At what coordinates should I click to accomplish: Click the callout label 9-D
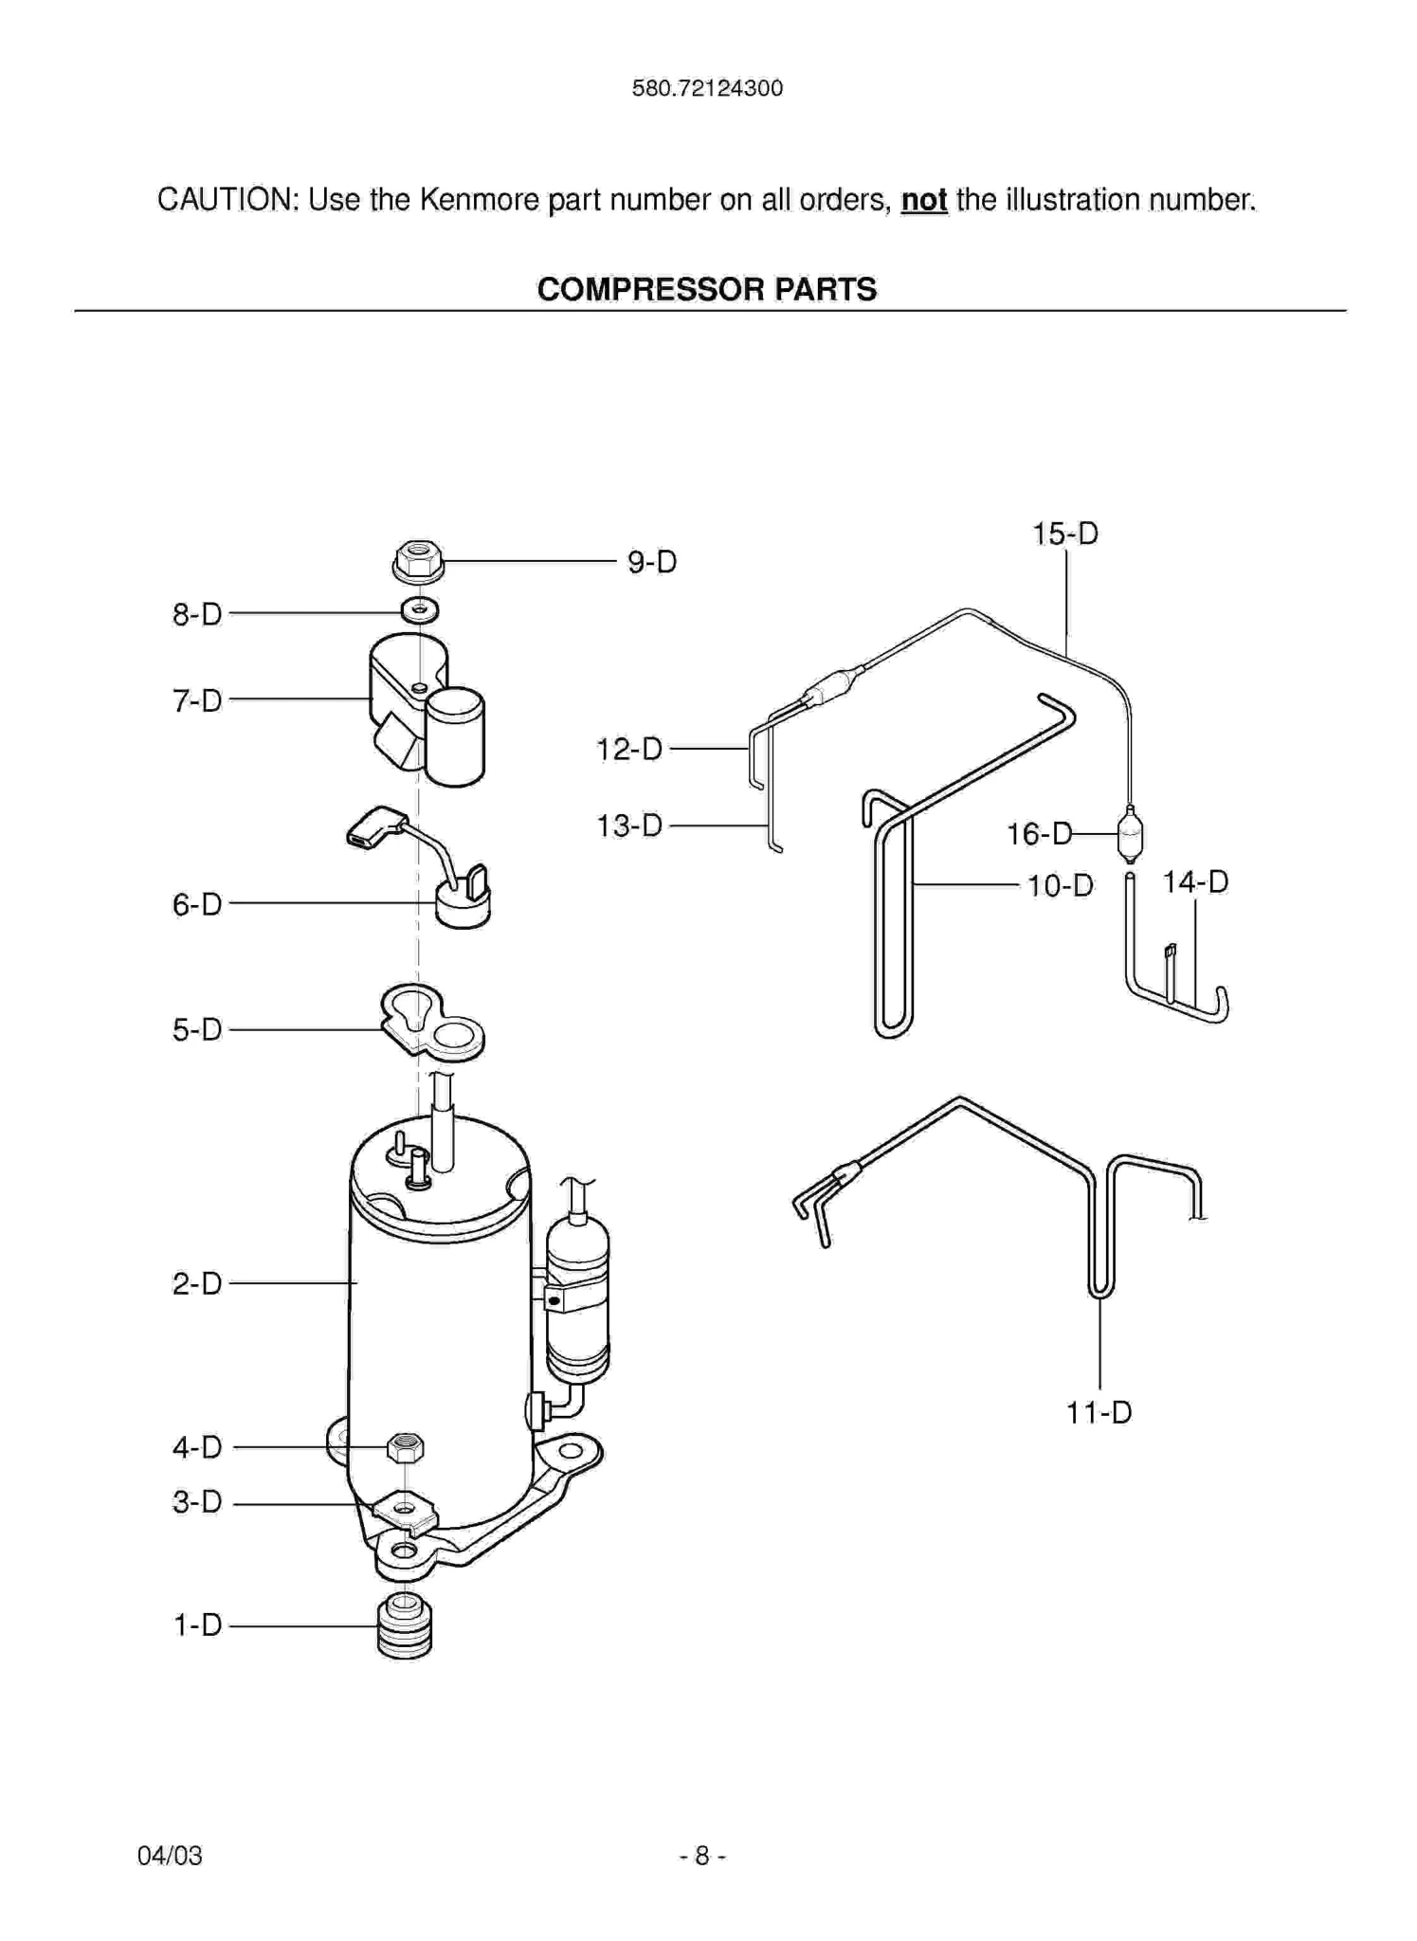[652, 562]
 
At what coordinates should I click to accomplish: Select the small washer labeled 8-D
[419, 610]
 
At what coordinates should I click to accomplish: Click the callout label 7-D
[197, 700]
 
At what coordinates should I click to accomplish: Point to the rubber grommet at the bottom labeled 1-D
[405, 1626]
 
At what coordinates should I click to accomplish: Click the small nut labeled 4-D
[406, 1447]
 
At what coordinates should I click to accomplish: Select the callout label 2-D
[197, 1283]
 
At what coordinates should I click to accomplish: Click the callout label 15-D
[1065, 534]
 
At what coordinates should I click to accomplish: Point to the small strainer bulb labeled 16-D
[1131, 835]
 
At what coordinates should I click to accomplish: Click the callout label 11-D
[1099, 1413]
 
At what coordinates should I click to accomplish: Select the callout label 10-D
[1061, 886]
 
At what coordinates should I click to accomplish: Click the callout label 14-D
[1195, 882]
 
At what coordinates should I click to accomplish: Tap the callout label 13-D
[628, 825]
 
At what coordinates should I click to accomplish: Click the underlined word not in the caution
[924, 200]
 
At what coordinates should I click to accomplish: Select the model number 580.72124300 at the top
[707, 89]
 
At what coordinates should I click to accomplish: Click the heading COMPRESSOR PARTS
[707, 289]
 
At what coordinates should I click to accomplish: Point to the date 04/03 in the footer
[170, 1856]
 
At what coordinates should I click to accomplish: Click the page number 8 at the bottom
[702, 1856]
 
